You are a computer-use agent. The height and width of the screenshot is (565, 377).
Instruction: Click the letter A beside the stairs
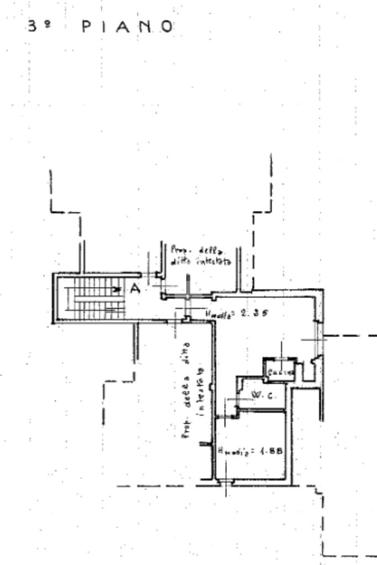pos(134,287)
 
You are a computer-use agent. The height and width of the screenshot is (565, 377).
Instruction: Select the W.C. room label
pos(260,395)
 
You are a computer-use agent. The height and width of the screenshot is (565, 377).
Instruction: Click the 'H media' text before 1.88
pos(234,451)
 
